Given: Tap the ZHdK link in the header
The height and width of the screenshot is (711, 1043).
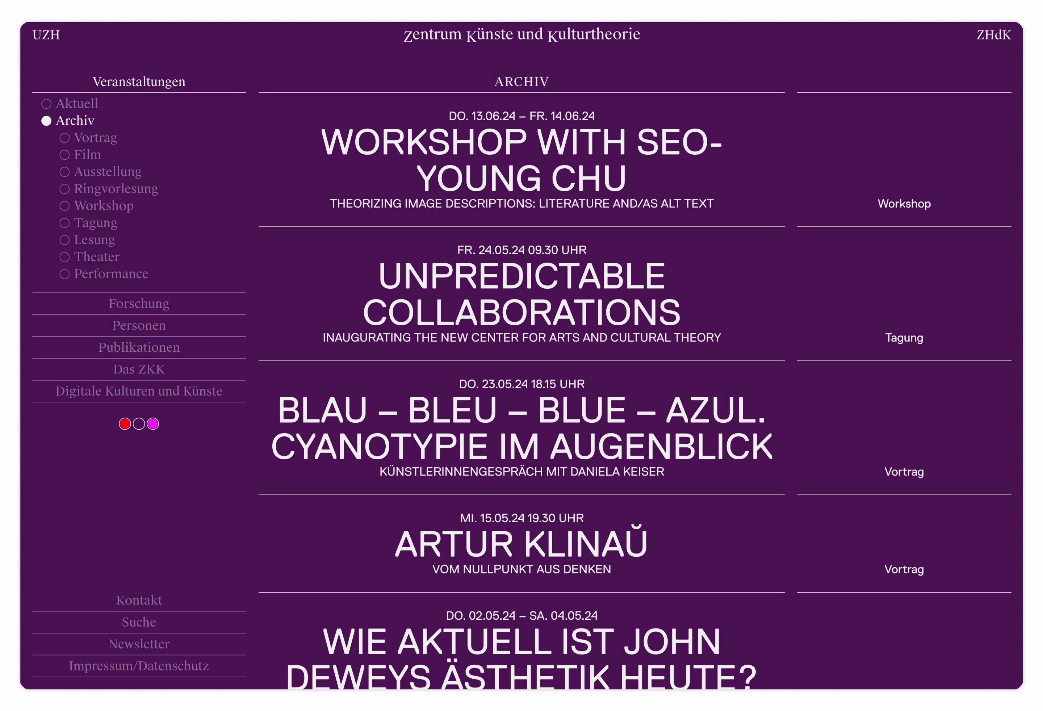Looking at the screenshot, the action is (x=994, y=35).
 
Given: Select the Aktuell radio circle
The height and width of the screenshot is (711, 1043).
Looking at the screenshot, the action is (x=46, y=104).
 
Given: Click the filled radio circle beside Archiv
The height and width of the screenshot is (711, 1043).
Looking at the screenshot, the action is (x=46, y=121).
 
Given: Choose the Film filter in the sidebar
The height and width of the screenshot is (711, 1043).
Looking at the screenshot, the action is (x=87, y=155).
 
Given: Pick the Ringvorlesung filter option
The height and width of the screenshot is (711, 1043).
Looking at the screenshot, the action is (x=116, y=189).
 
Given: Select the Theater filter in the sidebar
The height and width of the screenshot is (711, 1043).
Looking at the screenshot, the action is (x=96, y=257).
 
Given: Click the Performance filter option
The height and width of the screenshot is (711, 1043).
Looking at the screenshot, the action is (x=111, y=274).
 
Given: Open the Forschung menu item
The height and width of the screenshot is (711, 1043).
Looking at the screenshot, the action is (x=139, y=304).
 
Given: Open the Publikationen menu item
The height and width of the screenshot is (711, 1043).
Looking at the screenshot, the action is (x=139, y=347).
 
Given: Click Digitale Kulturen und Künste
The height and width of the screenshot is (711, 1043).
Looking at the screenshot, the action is (x=139, y=392).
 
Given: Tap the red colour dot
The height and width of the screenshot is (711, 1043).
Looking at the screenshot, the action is (x=125, y=424).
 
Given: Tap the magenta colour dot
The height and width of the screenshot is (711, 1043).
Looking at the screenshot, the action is (x=153, y=424).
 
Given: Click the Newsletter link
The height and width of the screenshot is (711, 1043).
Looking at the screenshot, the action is (x=139, y=644).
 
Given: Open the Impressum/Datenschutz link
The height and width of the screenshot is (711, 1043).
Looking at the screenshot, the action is (x=139, y=666).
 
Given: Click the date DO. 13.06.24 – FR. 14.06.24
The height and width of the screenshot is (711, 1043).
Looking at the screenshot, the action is (x=521, y=116).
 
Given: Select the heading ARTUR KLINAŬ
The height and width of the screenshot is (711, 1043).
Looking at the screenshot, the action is (x=521, y=544).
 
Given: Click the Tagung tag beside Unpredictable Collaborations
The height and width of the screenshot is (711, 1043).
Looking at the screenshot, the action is (x=904, y=338).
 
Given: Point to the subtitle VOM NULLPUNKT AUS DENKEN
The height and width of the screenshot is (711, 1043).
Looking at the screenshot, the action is (x=521, y=570).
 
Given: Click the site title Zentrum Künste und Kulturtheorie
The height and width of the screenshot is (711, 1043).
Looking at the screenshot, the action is (x=521, y=34).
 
